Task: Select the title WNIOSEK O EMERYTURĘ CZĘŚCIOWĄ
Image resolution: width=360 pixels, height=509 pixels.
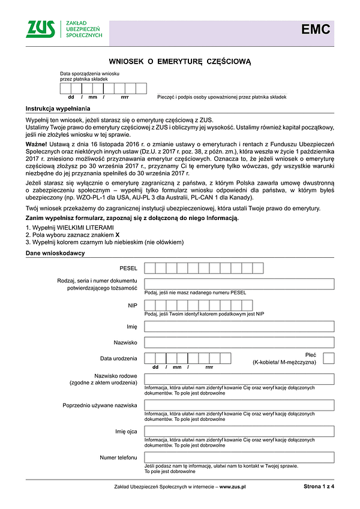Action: point(179,61)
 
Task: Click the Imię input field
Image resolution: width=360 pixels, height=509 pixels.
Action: point(239,326)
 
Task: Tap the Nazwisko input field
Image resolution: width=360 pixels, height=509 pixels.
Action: point(239,342)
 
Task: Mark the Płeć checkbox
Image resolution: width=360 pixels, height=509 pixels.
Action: point(328,359)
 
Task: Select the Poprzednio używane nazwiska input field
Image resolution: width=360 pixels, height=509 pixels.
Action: point(239,405)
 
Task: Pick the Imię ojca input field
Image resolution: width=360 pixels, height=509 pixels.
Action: point(239,431)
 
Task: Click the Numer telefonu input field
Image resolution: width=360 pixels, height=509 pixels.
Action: point(239,457)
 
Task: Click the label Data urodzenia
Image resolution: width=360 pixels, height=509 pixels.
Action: point(119,359)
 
